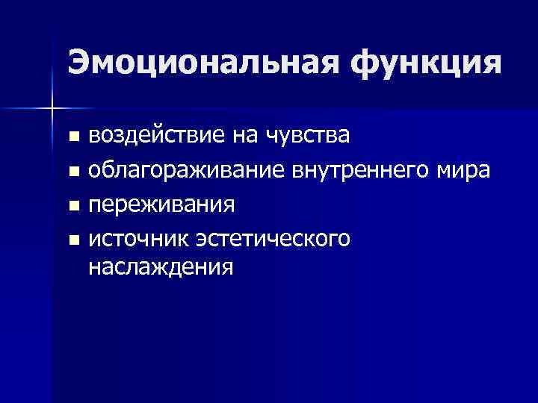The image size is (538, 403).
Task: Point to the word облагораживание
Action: coord(186,171)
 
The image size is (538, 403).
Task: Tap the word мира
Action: coord(465,171)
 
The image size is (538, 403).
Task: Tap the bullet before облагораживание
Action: coord(72,172)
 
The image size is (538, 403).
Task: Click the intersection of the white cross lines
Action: coord(51,109)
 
